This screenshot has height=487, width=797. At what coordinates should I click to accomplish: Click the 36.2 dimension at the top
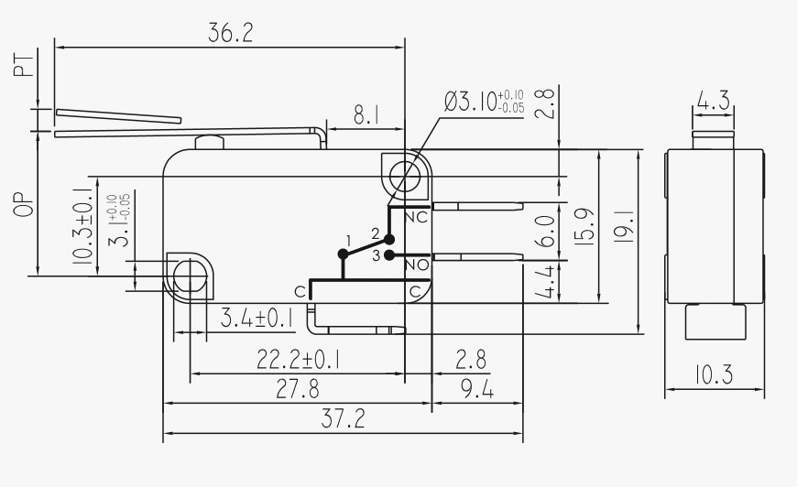pos(230,33)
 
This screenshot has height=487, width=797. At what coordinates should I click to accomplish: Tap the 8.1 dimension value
pos(366,115)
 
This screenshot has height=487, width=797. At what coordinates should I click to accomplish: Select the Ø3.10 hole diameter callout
pos(484,102)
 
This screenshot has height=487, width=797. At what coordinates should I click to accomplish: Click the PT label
pos(24,66)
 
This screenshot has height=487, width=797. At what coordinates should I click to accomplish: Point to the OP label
pos(24,204)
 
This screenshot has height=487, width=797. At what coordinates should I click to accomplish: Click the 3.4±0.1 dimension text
pos(257,319)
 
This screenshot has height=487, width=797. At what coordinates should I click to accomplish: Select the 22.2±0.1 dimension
pos(299,360)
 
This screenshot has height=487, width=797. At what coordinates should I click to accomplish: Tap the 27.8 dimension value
pos(298,389)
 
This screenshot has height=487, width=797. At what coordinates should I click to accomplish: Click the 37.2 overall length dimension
pos(344,419)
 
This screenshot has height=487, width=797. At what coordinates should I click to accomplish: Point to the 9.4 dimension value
pos(476,389)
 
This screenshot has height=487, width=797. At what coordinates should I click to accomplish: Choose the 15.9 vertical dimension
pos(586,226)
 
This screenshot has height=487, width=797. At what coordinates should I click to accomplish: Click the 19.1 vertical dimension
pos(625,226)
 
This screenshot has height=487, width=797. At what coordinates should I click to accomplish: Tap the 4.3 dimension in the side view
pos(713,101)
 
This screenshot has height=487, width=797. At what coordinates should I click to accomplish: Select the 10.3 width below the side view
pos(714,374)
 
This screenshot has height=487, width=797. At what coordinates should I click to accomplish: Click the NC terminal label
pos(417,218)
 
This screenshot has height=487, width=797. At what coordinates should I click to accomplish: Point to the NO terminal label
pos(418,265)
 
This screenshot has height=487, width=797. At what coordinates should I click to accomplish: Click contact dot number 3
pos(388,254)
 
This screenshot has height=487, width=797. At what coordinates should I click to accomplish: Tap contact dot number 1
pos(344,254)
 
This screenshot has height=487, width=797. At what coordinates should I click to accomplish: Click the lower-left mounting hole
pos(191,276)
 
